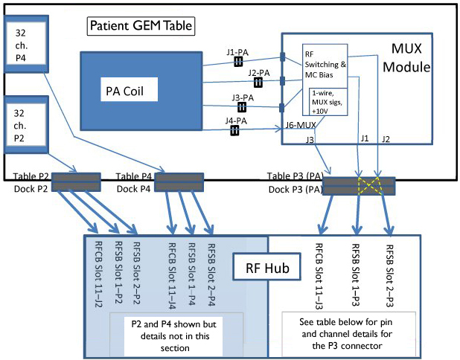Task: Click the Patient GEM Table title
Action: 141,25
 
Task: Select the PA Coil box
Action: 141,93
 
